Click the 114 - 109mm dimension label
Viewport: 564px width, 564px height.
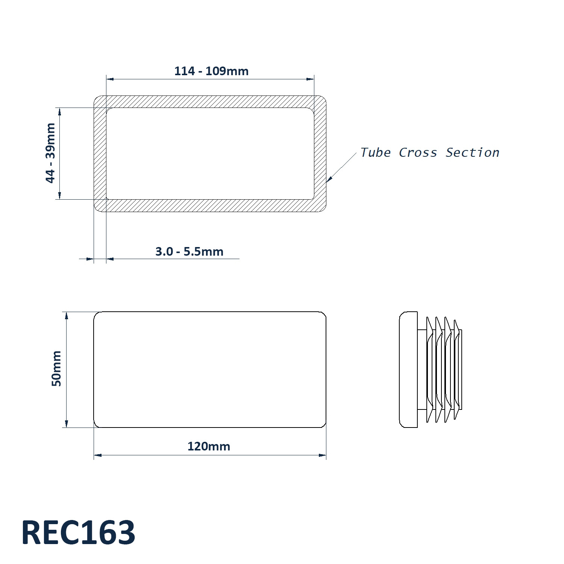[211, 71]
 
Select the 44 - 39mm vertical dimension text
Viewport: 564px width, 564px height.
[50, 153]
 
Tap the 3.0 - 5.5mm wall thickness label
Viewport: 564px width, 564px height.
[190, 252]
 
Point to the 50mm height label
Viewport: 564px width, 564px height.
[56, 368]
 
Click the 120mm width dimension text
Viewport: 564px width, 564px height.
[209, 446]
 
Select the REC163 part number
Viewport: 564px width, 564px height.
[78, 532]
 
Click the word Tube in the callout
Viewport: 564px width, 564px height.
[376, 152]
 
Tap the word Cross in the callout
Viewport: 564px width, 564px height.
[418, 152]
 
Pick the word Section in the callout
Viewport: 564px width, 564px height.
[473, 152]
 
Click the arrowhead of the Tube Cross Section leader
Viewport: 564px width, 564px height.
[329, 180]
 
